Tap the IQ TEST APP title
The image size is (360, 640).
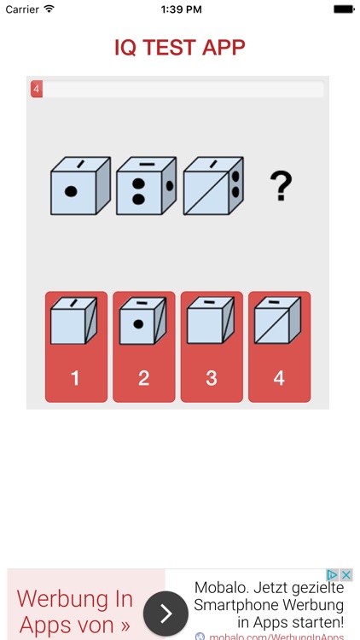[180, 48]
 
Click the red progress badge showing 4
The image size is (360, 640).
[37, 89]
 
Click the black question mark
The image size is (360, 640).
[281, 186]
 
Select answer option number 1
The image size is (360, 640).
[76, 346]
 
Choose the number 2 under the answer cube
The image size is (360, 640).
[143, 378]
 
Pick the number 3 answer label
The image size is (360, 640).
[212, 378]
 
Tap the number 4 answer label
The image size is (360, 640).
[279, 378]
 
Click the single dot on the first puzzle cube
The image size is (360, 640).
[71, 191]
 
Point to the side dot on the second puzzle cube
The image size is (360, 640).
[170, 186]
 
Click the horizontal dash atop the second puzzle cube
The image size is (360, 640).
[147, 164]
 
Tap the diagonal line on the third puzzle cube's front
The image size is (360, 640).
[206, 193]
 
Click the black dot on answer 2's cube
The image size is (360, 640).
[138, 324]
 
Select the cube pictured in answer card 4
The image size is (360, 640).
[277, 320]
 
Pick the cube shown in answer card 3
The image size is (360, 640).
[211, 320]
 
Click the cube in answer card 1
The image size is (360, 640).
[74, 320]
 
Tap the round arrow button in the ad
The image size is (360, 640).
[165, 614]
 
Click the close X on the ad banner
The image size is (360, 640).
[346, 575]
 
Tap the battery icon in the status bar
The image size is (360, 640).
[344, 9]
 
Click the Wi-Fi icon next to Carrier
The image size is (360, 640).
[49, 9]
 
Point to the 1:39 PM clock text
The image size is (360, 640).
[181, 9]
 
